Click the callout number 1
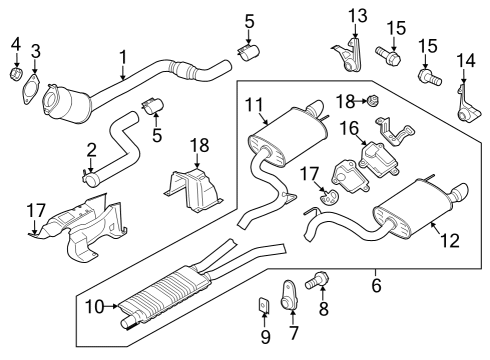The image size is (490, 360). click(x=122, y=57)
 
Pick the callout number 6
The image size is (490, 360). click(x=375, y=285)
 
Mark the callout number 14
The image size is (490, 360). click(x=461, y=59)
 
